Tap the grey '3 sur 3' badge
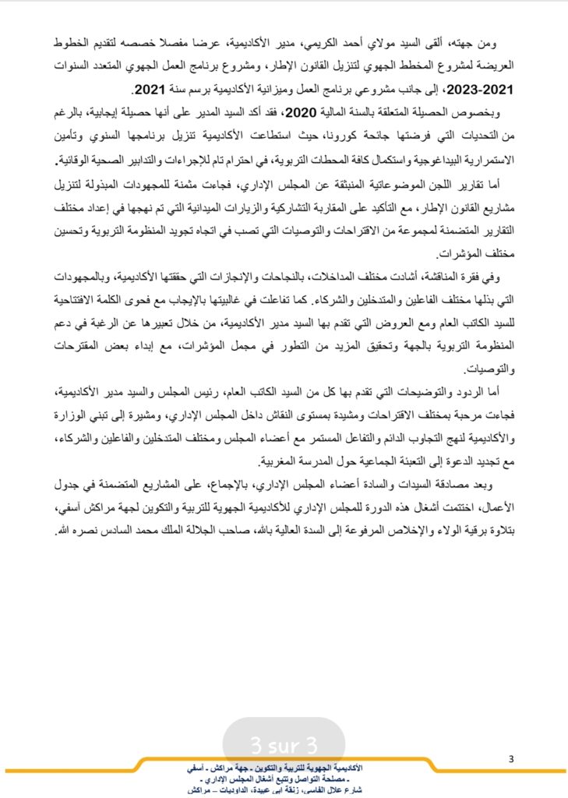click(284, 740)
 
